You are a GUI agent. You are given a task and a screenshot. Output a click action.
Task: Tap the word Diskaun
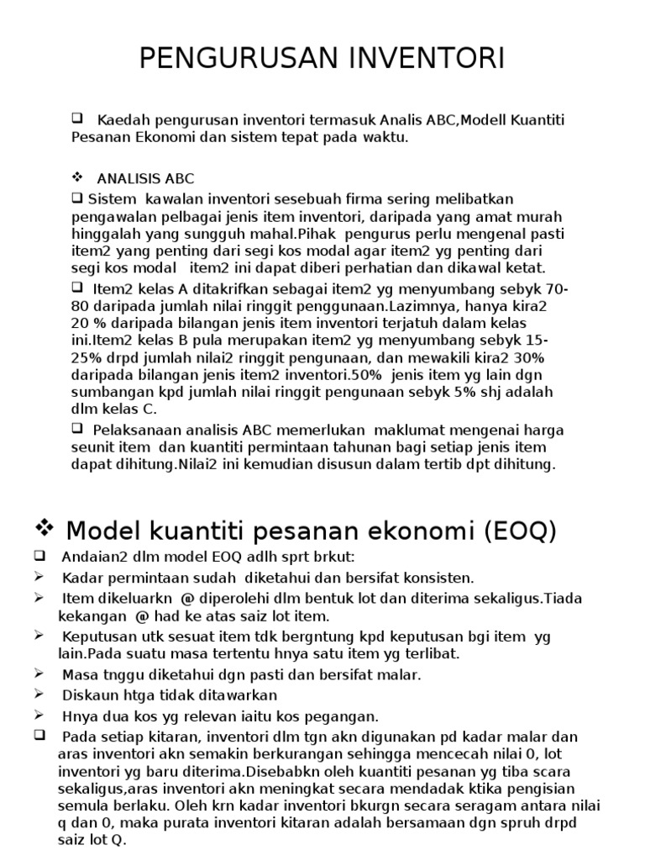85,695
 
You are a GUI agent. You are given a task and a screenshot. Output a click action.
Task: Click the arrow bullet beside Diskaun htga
39,695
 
